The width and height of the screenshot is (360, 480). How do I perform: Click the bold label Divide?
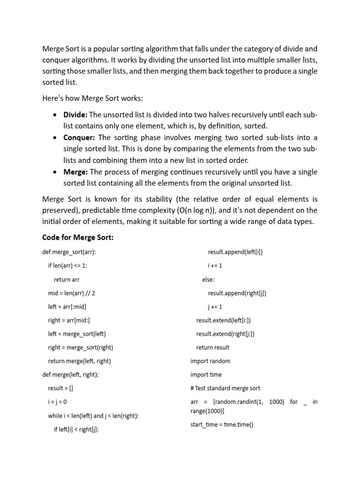[75, 115]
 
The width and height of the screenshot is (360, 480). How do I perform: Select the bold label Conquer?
[79, 137]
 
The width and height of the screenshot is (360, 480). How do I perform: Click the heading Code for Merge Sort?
[78, 238]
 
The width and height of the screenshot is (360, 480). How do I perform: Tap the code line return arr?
[67, 279]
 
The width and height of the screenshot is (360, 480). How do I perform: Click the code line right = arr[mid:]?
[69, 320]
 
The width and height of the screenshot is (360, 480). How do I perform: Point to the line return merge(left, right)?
[79, 361]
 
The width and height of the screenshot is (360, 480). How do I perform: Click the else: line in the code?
[208, 279]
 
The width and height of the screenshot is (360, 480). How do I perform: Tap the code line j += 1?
[215, 307]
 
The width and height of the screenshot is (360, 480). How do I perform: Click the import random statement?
[210, 361]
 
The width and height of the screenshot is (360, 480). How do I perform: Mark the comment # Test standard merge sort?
[225, 388]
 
